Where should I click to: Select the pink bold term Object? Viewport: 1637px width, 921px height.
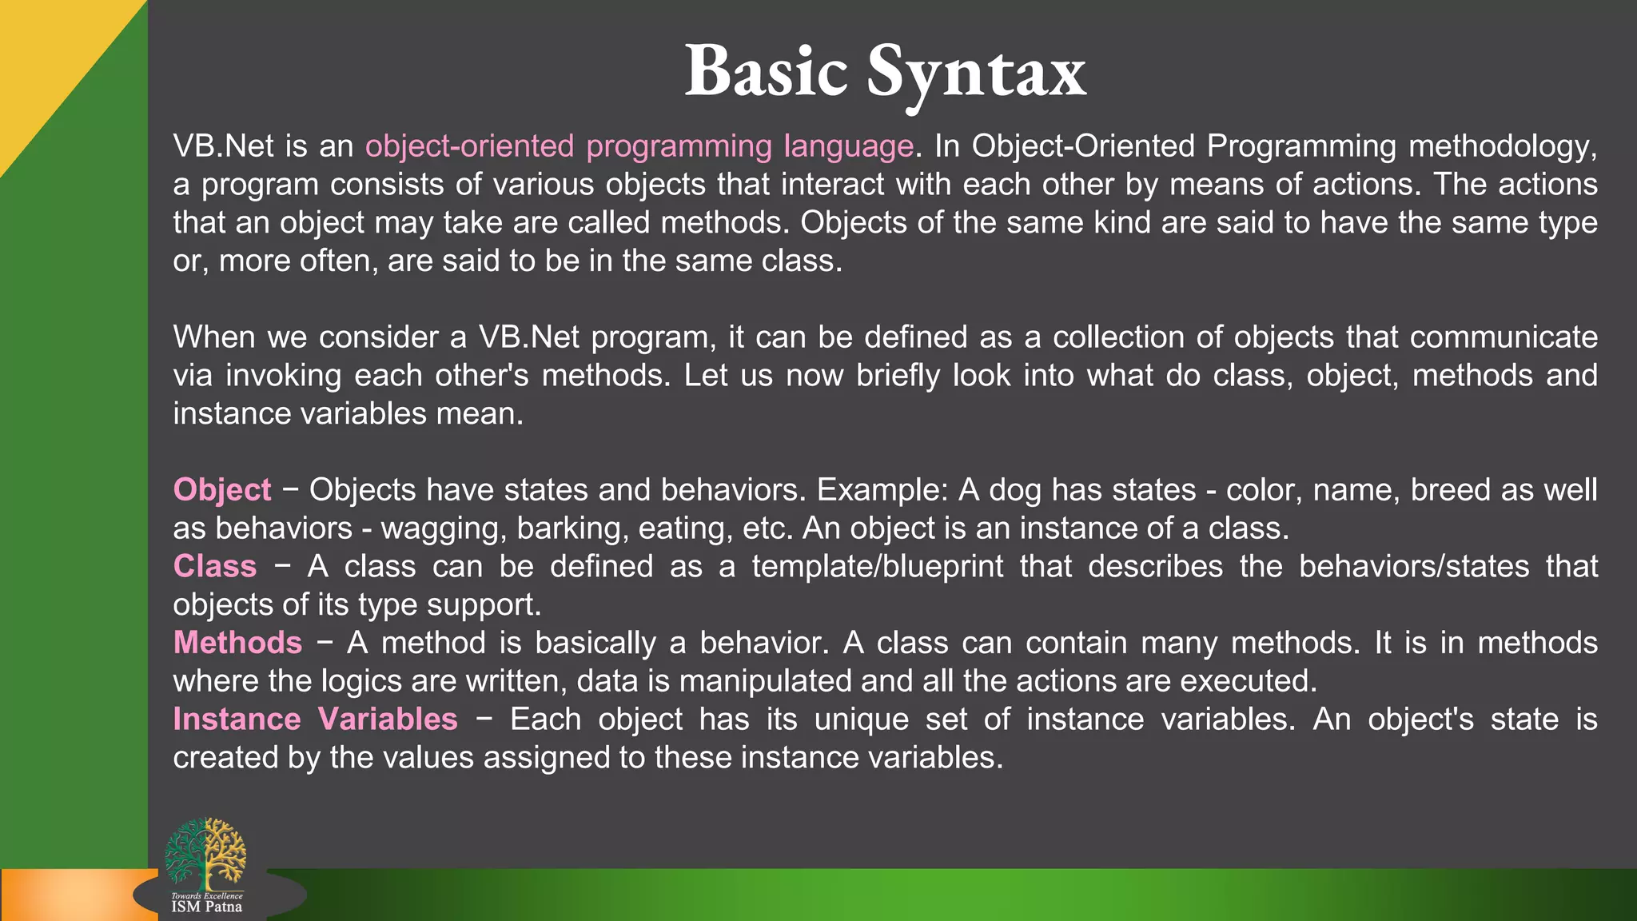point(222,490)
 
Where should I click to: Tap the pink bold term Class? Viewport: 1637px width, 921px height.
point(215,567)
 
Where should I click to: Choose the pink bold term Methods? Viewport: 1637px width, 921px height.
point(237,644)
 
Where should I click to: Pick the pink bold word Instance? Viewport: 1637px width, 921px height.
point(237,720)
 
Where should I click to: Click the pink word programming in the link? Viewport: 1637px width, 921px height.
point(679,146)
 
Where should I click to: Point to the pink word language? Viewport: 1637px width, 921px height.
point(848,146)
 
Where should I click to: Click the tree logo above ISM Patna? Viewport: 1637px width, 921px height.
point(205,854)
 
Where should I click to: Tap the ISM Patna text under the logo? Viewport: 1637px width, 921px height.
point(206,907)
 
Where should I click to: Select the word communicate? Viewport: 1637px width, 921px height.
point(1504,337)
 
